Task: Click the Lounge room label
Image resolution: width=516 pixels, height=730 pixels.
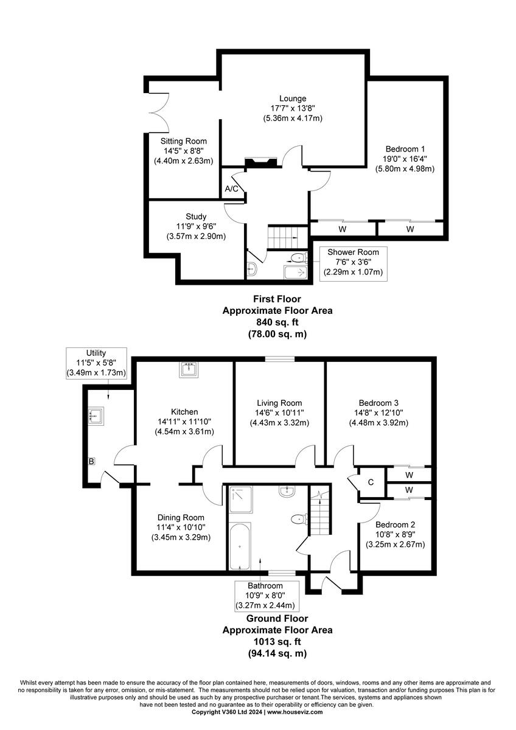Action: (293, 99)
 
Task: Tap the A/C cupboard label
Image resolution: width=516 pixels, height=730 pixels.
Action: (232, 189)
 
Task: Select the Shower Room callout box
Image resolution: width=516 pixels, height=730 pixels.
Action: (353, 262)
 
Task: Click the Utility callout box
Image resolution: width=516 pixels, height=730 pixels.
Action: (97, 363)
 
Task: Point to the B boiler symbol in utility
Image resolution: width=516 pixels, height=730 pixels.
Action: (91, 462)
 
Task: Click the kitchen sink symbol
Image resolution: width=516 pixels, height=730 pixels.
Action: (189, 369)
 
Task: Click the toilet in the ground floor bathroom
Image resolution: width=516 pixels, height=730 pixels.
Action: (298, 519)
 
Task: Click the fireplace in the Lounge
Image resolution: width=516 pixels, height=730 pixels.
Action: (260, 162)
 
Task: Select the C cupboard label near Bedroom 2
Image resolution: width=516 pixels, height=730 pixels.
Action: (370, 482)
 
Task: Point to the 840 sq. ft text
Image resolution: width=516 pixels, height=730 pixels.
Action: (277, 322)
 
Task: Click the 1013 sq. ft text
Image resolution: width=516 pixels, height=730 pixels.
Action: (277, 642)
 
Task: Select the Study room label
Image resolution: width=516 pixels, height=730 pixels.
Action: (196, 217)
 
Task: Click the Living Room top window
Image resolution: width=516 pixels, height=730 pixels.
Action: (280, 360)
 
